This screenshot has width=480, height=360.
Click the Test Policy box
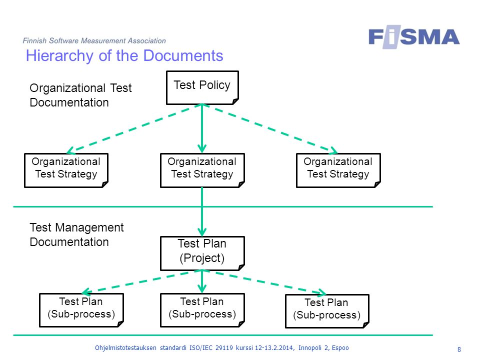(202, 88)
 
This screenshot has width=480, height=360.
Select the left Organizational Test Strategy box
(66, 170)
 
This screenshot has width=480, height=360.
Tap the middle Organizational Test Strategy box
(202, 170)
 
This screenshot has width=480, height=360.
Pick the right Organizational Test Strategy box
(338, 170)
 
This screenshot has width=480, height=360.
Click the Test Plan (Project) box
(202, 253)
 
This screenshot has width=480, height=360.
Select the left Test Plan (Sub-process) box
(81, 310)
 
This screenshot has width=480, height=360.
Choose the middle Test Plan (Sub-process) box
(202, 310)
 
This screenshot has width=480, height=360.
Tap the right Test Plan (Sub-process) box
(327, 311)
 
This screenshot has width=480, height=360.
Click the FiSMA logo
(414, 37)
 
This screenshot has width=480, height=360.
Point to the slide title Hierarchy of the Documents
(124, 55)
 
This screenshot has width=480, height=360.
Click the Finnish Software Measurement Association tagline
(94, 40)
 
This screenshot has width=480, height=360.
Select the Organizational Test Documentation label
(80, 95)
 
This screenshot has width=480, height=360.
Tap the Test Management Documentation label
(76, 235)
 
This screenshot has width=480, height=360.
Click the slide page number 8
(459, 349)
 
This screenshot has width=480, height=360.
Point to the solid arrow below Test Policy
(202, 128)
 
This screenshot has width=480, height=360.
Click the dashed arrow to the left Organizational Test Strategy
(134, 128)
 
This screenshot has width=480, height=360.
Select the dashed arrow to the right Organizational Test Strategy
(270, 128)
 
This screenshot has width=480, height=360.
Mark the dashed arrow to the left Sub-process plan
(142, 281)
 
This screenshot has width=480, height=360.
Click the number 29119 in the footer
(224, 348)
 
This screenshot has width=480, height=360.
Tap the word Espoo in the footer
(340, 348)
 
